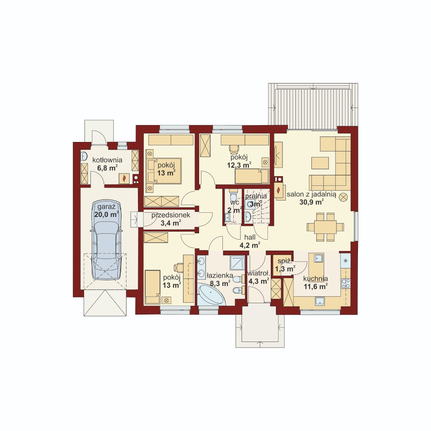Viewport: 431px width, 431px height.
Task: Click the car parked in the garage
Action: click(106, 239)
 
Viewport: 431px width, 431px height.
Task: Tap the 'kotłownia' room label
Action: click(107, 160)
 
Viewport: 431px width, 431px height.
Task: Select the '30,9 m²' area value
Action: click(311, 202)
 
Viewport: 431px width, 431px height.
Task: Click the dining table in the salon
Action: click(326, 227)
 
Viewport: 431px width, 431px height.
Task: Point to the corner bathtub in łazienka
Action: click(210, 294)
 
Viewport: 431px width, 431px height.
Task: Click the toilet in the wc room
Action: click(233, 195)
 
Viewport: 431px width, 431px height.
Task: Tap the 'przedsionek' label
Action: click(171, 215)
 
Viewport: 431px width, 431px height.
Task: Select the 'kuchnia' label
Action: click(315, 279)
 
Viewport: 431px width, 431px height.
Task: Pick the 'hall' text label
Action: click(250, 237)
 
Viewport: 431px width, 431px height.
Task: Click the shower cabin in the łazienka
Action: click(237, 263)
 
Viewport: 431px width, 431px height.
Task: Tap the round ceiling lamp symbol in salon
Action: click(343, 197)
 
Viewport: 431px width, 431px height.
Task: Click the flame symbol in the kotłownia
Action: click(124, 179)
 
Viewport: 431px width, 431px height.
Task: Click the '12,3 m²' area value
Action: click(239, 165)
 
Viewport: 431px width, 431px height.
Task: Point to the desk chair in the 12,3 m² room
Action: click(234, 149)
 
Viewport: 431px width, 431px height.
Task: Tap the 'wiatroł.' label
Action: click(258, 274)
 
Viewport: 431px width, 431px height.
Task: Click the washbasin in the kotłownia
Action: click(84, 156)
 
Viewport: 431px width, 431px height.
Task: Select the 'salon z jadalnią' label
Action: click(311, 194)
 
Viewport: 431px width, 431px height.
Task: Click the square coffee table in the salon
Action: click(320, 163)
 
